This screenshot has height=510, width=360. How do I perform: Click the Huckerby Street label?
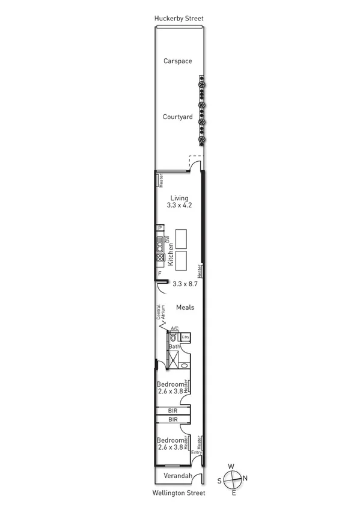coord(178,19)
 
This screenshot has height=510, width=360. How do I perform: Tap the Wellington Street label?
coord(179,493)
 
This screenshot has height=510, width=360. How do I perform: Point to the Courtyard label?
coord(178,117)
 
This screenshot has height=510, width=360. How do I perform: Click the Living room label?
coord(179,198)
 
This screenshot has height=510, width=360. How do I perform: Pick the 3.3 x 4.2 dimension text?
coord(179,206)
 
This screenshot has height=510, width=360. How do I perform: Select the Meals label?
coord(185,307)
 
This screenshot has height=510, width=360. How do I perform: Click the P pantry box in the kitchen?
coord(160,228)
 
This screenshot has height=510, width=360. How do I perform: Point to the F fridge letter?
coord(160,274)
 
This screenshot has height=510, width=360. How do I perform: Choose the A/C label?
coord(175,328)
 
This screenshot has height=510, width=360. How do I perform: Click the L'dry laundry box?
coord(186,337)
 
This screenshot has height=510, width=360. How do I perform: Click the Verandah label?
coord(179,476)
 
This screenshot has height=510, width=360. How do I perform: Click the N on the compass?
coord(245,479)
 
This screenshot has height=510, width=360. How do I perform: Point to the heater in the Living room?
coord(160,180)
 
